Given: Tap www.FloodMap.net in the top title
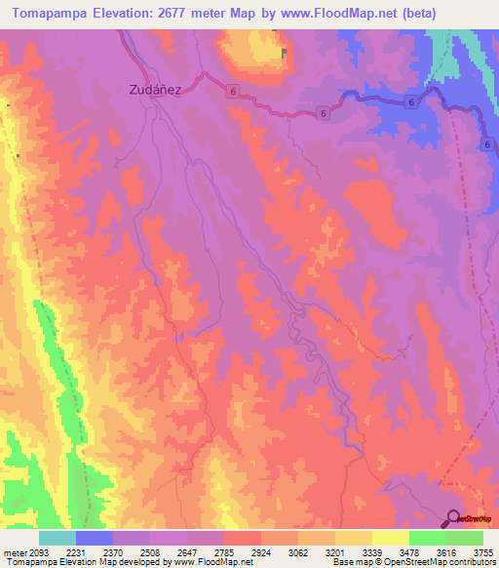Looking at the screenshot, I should [337, 13].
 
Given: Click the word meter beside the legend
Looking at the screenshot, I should [15, 551].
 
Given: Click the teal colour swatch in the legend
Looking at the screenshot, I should [58, 538].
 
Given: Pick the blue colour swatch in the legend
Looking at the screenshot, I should [95, 538].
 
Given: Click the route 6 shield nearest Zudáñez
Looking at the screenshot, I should [235, 91].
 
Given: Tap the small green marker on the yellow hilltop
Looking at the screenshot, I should [285, 53].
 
